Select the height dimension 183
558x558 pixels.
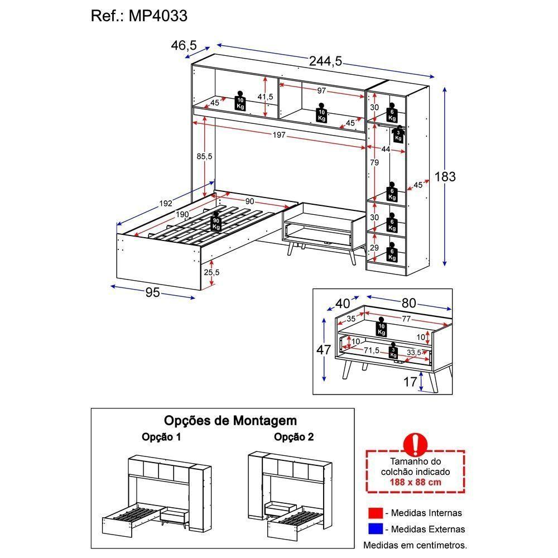[445, 177]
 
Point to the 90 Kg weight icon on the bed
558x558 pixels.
[216, 223]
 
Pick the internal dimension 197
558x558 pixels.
[279, 135]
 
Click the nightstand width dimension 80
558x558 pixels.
[408, 303]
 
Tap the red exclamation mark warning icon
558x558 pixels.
[415, 445]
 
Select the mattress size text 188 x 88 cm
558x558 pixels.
[415, 482]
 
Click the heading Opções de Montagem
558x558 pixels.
[230, 420]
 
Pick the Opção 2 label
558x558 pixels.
[294, 437]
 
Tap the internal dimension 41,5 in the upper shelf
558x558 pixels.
[266, 97]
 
